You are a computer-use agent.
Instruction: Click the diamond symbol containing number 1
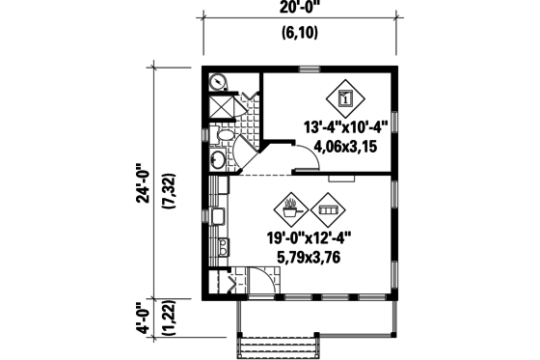347,97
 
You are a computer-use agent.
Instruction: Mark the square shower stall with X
221,106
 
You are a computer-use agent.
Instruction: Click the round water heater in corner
218,82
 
